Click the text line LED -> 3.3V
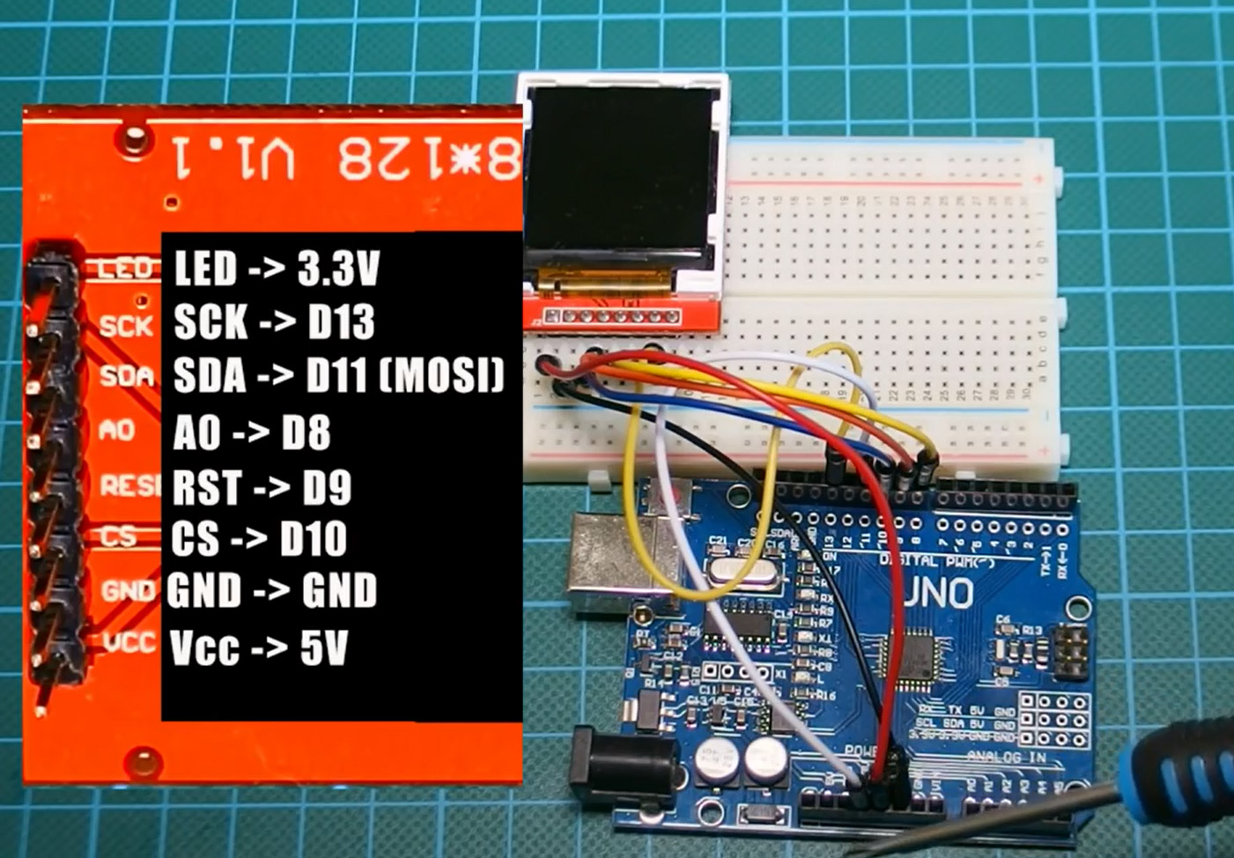(277, 269)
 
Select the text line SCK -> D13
(274, 323)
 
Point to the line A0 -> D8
(252, 433)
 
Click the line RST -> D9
(262, 487)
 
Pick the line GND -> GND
(272, 591)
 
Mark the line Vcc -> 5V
(259, 647)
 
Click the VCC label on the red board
(129, 643)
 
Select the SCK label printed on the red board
(125, 326)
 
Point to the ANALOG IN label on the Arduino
(1006, 757)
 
